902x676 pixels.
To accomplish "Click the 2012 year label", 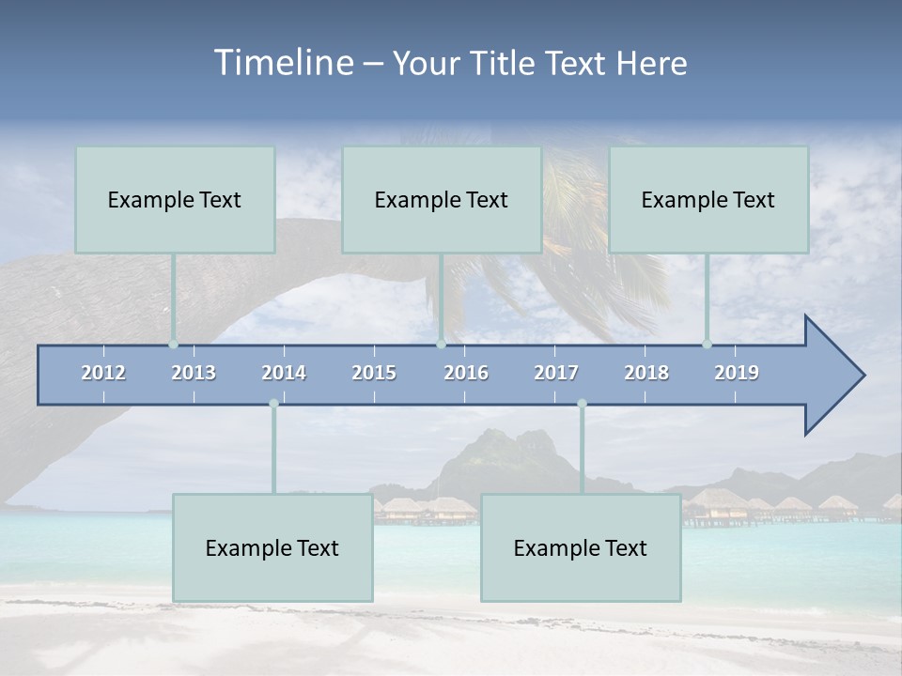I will tap(103, 373).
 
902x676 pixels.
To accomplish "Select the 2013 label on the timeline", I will tap(194, 373).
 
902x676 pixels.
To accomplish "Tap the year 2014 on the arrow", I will tap(284, 373).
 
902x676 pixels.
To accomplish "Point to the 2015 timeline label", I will tap(374, 373).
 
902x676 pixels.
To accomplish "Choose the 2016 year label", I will tap(466, 373).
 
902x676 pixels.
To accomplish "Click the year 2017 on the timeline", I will tap(556, 373).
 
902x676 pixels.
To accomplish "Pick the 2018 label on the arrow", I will tap(646, 373).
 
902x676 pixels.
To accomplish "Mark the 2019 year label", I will tap(737, 373).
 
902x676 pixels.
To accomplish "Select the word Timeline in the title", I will tap(283, 63).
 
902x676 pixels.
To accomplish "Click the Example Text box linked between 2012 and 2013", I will tap(175, 199).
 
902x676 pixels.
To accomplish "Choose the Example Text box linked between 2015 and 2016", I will tap(442, 199).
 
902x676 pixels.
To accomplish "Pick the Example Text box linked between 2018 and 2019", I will tap(708, 199).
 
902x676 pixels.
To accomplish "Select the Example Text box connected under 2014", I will tap(272, 547).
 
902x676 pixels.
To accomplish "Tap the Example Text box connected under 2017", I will tap(581, 547).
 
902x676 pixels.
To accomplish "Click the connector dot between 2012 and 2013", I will tap(173, 344).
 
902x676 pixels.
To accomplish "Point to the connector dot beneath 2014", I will tap(273, 404).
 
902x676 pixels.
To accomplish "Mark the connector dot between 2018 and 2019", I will tap(707, 344).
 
